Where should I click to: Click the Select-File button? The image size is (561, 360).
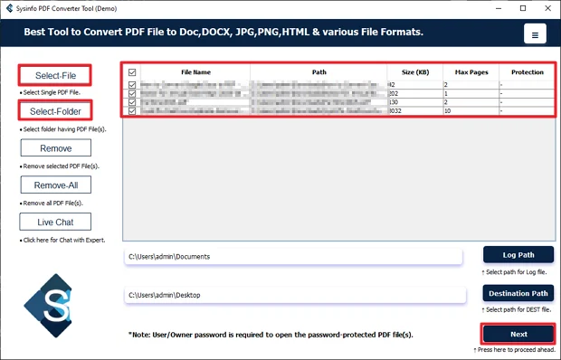click(55, 75)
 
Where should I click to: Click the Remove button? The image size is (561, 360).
click(55, 148)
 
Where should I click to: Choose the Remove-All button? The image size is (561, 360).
click(55, 185)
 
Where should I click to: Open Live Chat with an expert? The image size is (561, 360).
click(55, 222)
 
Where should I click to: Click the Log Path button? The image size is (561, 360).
click(518, 255)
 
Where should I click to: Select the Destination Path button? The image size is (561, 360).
click(518, 294)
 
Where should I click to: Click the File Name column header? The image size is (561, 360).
click(195, 71)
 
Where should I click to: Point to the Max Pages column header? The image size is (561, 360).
click(470, 71)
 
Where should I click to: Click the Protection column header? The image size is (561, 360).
click(527, 71)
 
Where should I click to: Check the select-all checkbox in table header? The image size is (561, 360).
click(133, 72)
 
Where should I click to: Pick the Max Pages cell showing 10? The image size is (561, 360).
click(470, 111)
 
